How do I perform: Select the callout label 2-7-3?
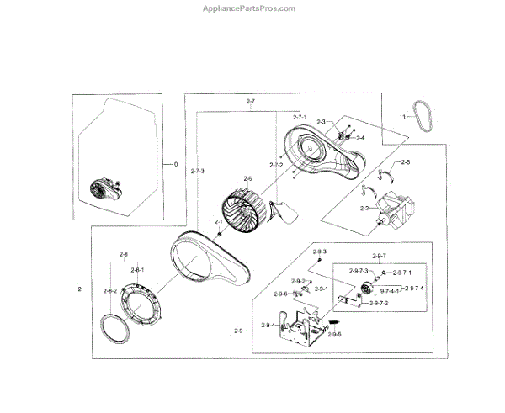197,172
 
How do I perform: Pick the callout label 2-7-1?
300,116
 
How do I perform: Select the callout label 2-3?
322,123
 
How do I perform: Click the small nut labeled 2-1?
219,233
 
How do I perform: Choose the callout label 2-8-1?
137,270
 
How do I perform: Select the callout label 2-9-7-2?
380,304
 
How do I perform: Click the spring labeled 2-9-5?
333,323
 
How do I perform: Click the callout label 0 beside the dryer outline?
176,163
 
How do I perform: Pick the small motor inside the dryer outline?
104,190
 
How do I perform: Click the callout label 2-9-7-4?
414,289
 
